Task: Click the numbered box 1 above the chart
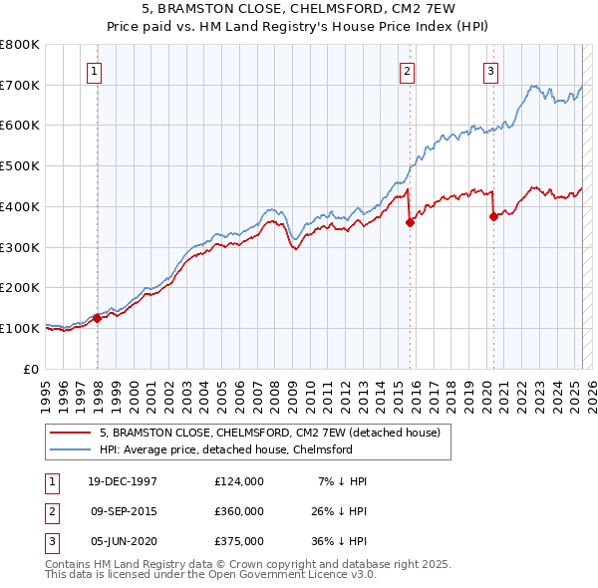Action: (93, 70)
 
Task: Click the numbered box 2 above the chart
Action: (408, 70)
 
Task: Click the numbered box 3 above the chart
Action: (491, 70)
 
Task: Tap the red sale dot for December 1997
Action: (98, 319)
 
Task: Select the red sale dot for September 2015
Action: (410, 223)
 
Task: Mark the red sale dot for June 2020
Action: (493, 216)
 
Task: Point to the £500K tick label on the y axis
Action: (19, 165)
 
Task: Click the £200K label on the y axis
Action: (19, 287)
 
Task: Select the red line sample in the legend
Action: (71, 433)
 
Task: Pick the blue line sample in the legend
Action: (71, 449)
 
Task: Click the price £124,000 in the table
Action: (238, 481)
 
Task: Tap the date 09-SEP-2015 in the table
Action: (123, 511)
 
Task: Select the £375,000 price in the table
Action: (238, 541)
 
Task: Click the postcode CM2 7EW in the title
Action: (411, 9)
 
